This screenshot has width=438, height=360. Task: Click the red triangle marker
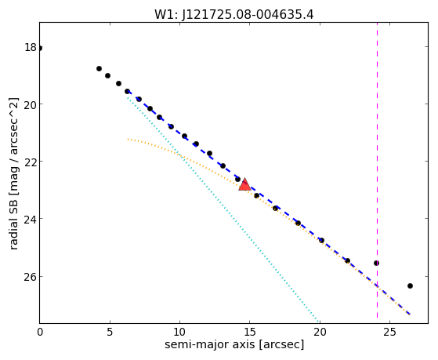(x=244, y=185)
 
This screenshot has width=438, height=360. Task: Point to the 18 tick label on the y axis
(x=31, y=47)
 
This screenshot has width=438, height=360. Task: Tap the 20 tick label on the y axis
(x=31, y=104)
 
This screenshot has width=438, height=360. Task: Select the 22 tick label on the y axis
(x=31, y=162)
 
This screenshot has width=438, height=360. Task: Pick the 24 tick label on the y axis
(x=31, y=219)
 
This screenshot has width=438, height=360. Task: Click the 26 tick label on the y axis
(x=31, y=276)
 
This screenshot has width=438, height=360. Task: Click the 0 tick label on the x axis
(x=40, y=332)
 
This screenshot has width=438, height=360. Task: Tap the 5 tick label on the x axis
(x=110, y=332)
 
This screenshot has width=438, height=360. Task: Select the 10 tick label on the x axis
(x=179, y=332)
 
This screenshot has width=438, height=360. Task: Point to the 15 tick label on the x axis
(x=250, y=332)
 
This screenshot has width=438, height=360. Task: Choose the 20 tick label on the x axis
(x=320, y=332)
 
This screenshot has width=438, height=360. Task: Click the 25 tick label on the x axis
(x=389, y=332)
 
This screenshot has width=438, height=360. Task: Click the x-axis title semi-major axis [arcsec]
(x=234, y=344)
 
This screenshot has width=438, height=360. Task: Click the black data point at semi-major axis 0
(x=40, y=49)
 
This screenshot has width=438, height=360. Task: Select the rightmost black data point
(x=410, y=285)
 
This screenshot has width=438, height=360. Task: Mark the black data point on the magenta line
(x=377, y=264)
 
